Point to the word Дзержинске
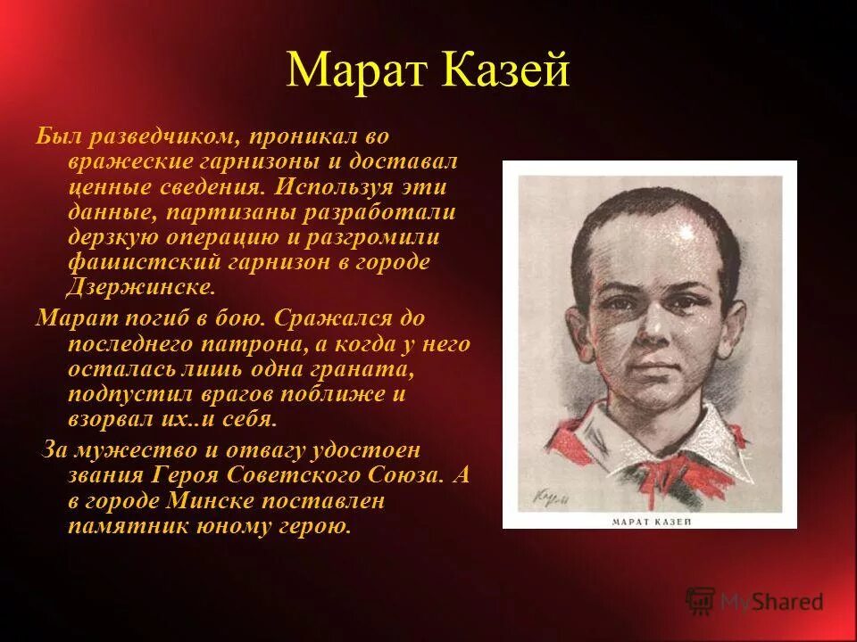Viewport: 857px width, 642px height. [141, 287]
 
